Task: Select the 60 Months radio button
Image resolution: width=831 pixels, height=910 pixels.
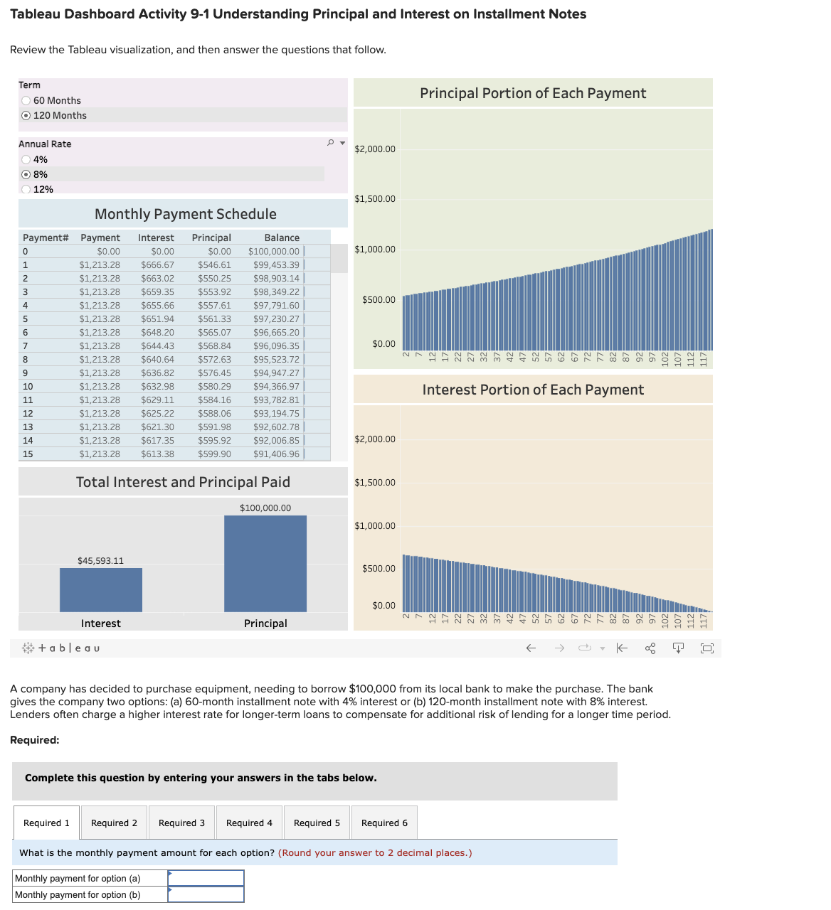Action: click(x=26, y=101)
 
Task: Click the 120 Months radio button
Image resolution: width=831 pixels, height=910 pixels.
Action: click(x=26, y=116)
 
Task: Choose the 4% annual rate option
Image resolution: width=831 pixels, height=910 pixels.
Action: click(x=26, y=160)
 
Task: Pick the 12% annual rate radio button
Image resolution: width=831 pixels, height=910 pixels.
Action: click(x=26, y=190)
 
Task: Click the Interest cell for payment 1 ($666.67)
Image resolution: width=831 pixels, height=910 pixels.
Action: click(x=157, y=265)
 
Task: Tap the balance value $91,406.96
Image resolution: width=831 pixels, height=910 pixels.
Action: click(x=276, y=454)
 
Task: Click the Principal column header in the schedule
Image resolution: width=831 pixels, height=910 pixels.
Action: click(x=211, y=238)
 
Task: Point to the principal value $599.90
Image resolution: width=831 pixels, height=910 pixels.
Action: click(x=214, y=454)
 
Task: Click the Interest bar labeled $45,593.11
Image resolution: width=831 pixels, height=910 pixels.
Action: click(x=101, y=589)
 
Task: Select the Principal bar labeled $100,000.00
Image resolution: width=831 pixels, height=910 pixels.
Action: click(x=265, y=563)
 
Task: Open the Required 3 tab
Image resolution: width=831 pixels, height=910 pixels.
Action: click(x=181, y=823)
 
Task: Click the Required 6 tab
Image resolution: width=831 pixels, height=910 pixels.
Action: click(x=384, y=823)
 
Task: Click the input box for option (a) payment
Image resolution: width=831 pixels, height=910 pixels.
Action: click(x=206, y=879)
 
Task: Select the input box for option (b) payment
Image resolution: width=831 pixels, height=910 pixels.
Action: click(x=206, y=895)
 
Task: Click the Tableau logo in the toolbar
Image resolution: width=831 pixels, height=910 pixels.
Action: click(x=61, y=648)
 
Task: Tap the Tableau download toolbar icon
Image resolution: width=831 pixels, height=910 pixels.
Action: click(x=678, y=648)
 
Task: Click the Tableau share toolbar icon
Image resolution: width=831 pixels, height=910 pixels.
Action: click(x=650, y=648)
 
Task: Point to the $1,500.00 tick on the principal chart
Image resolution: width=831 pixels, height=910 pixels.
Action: click(x=375, y=199)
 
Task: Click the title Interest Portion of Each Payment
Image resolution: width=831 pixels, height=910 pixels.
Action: click(x=533, y=390)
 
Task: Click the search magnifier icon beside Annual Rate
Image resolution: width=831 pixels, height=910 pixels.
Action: click(x=330, y=143)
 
